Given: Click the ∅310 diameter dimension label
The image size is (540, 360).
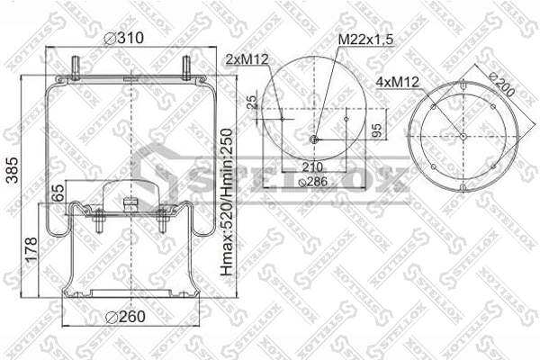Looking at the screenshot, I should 123,38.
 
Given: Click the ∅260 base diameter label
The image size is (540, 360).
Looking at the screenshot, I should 123,316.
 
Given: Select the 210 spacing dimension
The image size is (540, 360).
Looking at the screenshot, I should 312,167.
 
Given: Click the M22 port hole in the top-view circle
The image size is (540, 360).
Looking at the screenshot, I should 313,139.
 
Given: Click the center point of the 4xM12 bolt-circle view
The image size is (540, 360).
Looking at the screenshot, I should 463,136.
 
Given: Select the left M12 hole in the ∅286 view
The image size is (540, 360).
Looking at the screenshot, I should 282,117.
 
